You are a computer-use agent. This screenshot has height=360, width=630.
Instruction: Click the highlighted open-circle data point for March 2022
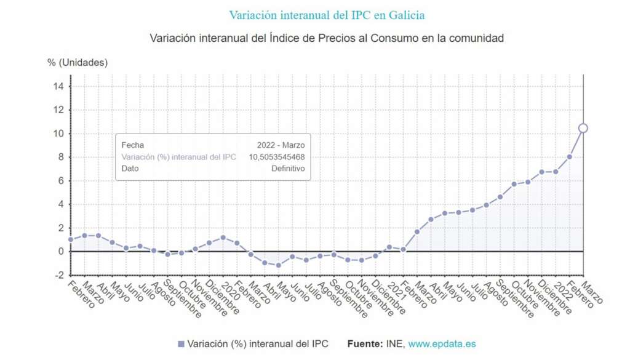tap(583, 128)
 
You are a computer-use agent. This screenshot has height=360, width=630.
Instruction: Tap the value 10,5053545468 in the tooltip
tap(276, 157)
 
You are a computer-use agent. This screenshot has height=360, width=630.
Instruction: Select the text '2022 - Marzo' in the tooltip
tap(281, 145)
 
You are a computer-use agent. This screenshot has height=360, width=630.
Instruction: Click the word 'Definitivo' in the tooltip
tap(288, 169)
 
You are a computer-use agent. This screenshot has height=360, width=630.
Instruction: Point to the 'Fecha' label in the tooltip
tap(132, 145)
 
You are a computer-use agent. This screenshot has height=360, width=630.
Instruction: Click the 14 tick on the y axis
tap(58, 87)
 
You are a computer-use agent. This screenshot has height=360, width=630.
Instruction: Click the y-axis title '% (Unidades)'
tap(78, 62)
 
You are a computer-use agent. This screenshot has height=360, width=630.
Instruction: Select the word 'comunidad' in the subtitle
tap(475, 38)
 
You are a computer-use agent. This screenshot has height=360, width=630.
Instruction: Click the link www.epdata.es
tap(442, 344)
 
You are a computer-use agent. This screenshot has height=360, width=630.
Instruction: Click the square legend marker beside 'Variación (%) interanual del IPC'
tap(180, 344)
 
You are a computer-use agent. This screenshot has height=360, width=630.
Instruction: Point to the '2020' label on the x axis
tap(231, 291)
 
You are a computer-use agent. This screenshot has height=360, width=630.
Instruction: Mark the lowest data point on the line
tap(278, 265)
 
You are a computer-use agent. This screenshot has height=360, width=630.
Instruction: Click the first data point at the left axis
tap(71, 239)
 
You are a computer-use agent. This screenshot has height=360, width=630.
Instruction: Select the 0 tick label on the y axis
tap(61, 252)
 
